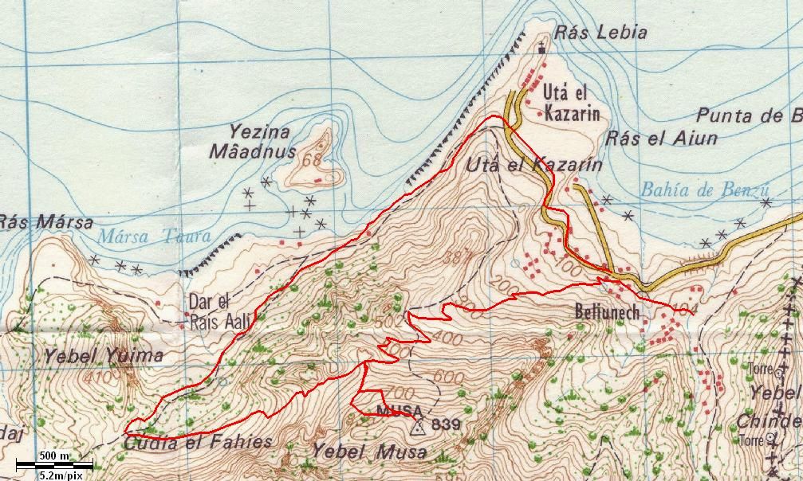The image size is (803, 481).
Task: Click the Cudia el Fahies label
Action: pos(198,443)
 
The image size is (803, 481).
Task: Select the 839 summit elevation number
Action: pos(445,425)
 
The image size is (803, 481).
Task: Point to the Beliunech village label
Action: pos(608,313)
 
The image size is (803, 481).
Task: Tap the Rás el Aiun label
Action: pos(661,139)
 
